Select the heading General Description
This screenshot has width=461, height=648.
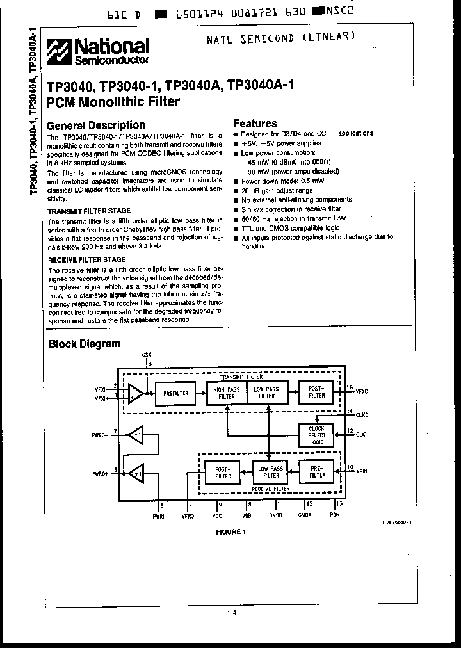pos(97,126)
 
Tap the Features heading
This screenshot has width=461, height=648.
pos(255,124)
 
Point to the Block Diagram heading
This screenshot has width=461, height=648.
pos(85,344)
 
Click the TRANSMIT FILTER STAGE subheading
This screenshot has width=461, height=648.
pos(90,211)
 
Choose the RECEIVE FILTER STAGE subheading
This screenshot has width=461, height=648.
pos(87,259)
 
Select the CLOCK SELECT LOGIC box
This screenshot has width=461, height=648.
pos(316,435)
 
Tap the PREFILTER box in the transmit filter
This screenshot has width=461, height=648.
pos(175,393)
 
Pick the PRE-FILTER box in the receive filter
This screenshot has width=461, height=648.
pos(317,472)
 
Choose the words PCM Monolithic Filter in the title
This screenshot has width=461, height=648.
pos(114,101)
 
